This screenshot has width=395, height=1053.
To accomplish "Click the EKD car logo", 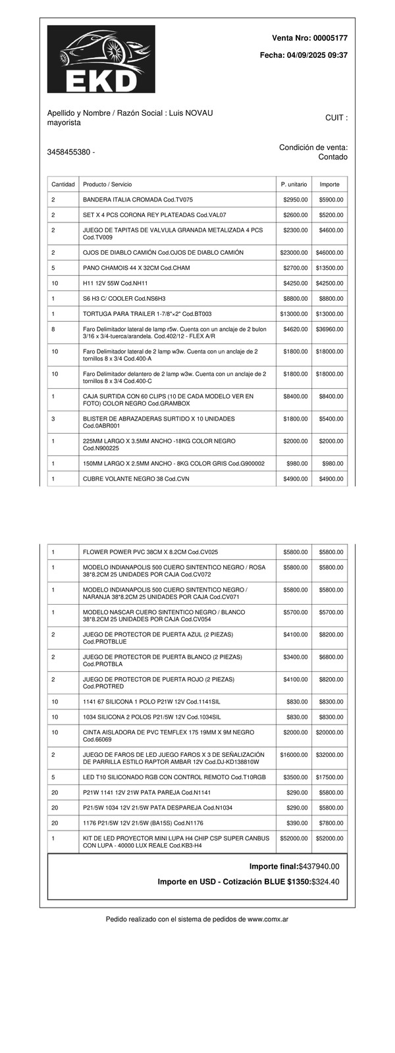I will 101,59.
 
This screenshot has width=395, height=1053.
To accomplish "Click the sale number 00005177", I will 327,39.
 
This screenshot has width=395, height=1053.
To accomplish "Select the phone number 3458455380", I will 68,152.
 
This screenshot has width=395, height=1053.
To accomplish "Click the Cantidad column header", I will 63,184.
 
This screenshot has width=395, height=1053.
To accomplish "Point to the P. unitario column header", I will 294,184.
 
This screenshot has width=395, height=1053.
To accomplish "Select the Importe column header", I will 329,184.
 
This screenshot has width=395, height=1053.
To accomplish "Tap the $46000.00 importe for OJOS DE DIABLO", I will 329,253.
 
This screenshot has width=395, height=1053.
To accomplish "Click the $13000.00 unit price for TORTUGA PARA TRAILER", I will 294,314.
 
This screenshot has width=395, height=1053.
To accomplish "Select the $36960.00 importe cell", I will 329,329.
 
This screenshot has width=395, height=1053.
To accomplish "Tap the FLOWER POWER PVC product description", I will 150,552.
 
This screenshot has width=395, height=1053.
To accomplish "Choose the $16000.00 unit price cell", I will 294,755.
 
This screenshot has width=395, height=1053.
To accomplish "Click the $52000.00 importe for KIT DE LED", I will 329,838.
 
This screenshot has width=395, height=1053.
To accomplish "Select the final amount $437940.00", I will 319,867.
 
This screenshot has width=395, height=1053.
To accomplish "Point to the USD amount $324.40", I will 325,882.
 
